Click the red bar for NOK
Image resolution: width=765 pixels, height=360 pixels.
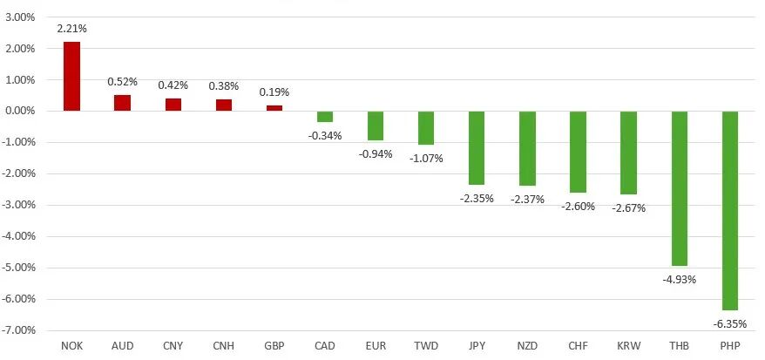71,77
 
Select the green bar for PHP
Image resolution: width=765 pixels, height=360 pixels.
729,210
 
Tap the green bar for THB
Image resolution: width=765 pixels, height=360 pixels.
679,188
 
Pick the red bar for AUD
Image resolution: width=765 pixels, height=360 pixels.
122,103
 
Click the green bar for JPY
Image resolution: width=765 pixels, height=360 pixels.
477,147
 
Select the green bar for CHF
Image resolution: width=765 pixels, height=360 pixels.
578,152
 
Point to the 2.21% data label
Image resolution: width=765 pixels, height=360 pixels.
71,29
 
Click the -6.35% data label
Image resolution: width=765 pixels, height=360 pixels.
729,323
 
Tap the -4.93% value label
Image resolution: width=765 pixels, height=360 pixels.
679,279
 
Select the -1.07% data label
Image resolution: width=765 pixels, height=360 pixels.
426,158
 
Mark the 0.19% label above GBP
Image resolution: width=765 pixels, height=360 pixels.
274,92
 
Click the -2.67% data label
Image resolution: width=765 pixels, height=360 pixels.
628,207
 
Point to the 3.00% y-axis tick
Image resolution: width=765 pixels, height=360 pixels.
18,17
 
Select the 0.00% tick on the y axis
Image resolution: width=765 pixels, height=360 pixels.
18,112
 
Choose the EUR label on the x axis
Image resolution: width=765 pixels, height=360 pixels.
376,346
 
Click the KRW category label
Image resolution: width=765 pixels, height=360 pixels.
628,346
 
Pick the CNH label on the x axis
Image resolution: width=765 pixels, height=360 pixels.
223,346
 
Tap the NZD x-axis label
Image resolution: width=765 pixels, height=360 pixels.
527,346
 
